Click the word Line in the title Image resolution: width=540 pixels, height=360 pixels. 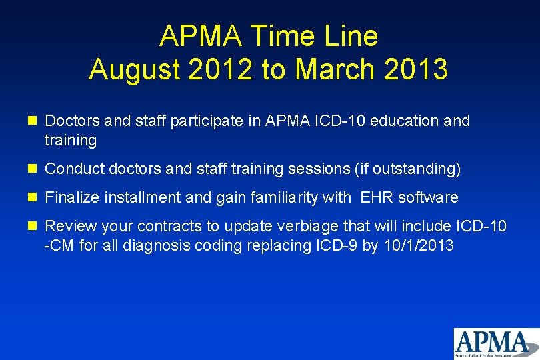tap(350, 36)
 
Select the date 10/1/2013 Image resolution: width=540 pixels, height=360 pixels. tap(418, 245)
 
